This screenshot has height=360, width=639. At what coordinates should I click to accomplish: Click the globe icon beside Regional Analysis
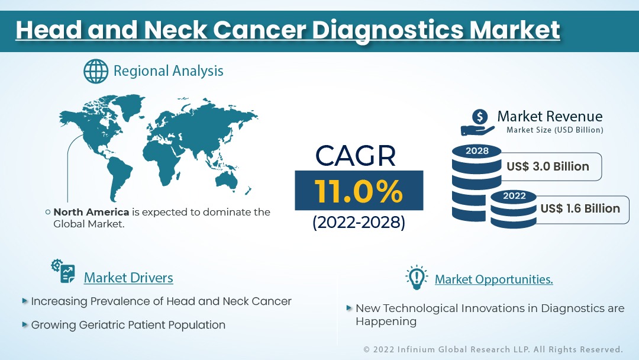tap(96, 71)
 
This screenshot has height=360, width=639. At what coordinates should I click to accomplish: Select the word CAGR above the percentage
tap(356, 156)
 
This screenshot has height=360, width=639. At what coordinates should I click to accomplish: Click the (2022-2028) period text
tap(359, 222)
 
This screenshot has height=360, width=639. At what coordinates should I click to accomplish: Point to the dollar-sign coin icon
tap(480, 117)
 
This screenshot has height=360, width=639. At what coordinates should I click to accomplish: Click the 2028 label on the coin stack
tap(477, 151)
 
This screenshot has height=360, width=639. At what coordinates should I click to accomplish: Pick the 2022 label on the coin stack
tap(514, 196)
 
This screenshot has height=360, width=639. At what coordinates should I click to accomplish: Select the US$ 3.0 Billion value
tap(548, 166)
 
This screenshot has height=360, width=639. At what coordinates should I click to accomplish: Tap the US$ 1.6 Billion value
tap(580, 208)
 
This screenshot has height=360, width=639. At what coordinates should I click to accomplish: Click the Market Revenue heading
tap(550, 116)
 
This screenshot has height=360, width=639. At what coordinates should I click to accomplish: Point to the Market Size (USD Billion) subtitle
tap(554, 130)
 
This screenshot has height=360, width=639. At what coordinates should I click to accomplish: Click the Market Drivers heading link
tap(128, 278)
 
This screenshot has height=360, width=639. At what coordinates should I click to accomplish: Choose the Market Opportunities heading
tap(494, 279)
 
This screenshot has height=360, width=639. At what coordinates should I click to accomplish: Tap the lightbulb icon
tap(417, 278)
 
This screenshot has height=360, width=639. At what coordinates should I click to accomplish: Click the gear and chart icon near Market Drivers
tap(63, 271)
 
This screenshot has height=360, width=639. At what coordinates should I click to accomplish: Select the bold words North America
tap(91, 212)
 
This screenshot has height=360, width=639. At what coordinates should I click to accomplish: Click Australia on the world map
tap(227, 180)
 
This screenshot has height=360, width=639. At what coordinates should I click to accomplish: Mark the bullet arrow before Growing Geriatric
tap(25, 324)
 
